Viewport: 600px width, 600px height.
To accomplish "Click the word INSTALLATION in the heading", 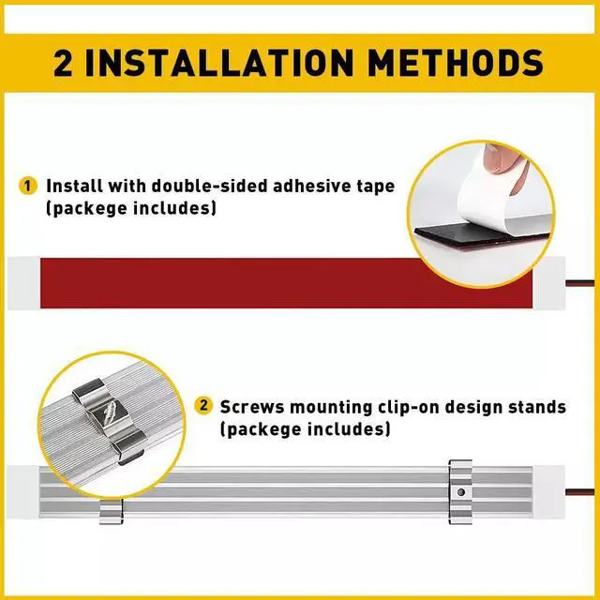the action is (218, 63).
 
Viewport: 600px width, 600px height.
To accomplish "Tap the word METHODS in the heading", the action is (456, 63).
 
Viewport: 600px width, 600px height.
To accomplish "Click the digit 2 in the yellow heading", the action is (63, 63).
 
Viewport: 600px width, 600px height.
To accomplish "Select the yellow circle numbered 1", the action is (27, 186).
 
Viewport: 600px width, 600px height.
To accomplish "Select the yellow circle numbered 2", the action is (203, 406).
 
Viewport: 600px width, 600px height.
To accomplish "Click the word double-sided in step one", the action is (209, 186).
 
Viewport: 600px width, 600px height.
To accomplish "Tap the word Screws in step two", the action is (252, 407).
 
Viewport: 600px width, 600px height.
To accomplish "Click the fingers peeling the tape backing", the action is (506, 167).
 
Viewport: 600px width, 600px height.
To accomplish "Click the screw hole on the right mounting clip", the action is (461, 492).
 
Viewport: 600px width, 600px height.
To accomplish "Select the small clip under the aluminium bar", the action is (111, 511).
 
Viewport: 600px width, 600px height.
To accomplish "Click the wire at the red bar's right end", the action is (579, 283).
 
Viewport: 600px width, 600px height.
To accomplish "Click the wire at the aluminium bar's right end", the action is (579, 492).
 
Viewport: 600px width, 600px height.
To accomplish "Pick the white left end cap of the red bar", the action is (23, 283).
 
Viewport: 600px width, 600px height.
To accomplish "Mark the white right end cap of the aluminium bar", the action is (549, 492).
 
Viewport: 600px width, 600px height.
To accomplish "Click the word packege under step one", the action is (89, 209).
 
